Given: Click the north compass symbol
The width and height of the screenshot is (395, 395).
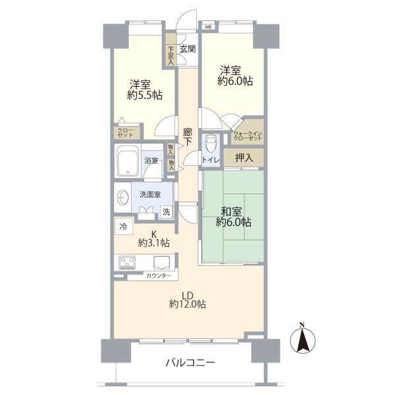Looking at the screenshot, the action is [x=303, y=339].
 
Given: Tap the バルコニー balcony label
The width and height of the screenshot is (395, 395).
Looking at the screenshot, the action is [x=190, y=363].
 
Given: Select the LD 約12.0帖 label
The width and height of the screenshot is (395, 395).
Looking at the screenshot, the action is [x=188, y=300].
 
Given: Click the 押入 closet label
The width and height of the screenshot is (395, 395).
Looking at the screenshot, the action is [x=244, y=158].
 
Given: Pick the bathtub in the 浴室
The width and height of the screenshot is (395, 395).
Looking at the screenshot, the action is [x=128, y=161].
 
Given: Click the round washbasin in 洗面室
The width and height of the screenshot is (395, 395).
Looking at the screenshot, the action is [x=124, y=197].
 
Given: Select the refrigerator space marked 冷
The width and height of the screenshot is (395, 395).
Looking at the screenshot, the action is [x=124, y=226].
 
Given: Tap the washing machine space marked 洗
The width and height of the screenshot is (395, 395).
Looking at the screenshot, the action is [x=167, y=212].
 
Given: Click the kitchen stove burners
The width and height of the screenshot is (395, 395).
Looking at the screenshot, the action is [x=127, y=262].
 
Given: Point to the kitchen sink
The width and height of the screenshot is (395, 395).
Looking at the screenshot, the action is [x=161, y=263].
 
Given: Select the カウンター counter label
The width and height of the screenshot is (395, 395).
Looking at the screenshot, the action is [x=159, y=276].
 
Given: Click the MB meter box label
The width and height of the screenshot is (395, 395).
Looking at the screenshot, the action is [x=208, y=27].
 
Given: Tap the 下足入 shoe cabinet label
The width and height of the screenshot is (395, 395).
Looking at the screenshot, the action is [x=171, y=55].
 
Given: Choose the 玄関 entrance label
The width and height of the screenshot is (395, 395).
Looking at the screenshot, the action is [x=188, y=49].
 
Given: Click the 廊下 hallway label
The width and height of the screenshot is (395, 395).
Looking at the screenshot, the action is [x=188, y=137].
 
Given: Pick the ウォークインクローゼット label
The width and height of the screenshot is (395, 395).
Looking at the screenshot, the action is [x=248, y=136].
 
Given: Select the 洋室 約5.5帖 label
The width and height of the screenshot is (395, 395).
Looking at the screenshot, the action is [x=145, y=90].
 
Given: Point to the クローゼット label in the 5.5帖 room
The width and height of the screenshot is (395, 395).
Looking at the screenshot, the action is [x=125, y=133].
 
